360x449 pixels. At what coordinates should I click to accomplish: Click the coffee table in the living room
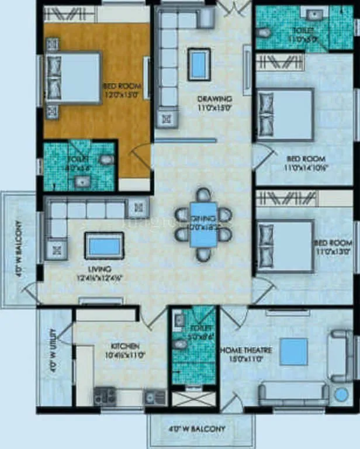pos(105,245)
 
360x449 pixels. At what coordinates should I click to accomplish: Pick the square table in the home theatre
pos(293,351)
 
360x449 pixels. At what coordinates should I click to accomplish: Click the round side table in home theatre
pos(341,395)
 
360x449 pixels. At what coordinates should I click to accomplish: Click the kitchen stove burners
pos(105,396)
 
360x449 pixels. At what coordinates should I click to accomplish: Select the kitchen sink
pos(155,397)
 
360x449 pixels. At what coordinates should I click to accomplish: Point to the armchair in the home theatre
pos(340,355)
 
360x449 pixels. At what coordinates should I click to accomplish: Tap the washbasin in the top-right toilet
pos(316,14)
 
